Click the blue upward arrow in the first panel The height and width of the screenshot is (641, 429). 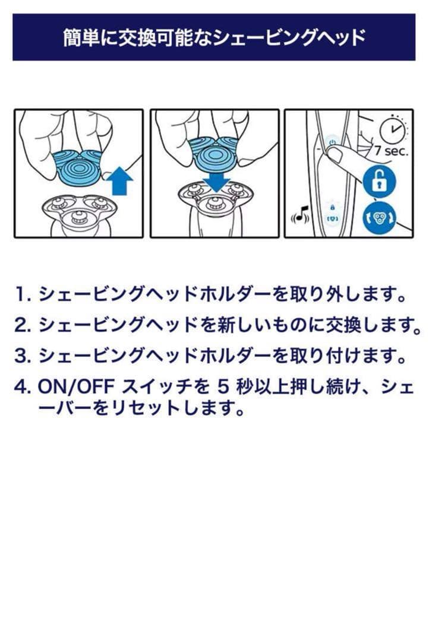(x=119, y=181)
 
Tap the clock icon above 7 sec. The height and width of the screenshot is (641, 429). (x=393, y=129)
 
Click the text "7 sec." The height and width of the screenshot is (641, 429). (x=392, y=151)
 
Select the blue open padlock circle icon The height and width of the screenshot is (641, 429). (x=378, y=182)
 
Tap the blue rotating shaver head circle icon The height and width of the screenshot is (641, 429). (x=379, y=217)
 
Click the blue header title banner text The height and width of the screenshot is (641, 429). (x=214, y=38)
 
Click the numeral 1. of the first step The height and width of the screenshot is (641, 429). (x=23, y=295)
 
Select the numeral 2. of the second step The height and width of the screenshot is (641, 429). (x=23, y=325)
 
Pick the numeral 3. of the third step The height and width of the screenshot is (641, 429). (x=23, y=356)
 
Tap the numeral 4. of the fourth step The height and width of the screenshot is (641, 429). (x=23, y=387)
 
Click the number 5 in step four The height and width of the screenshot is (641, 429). (x=223, y=387)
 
